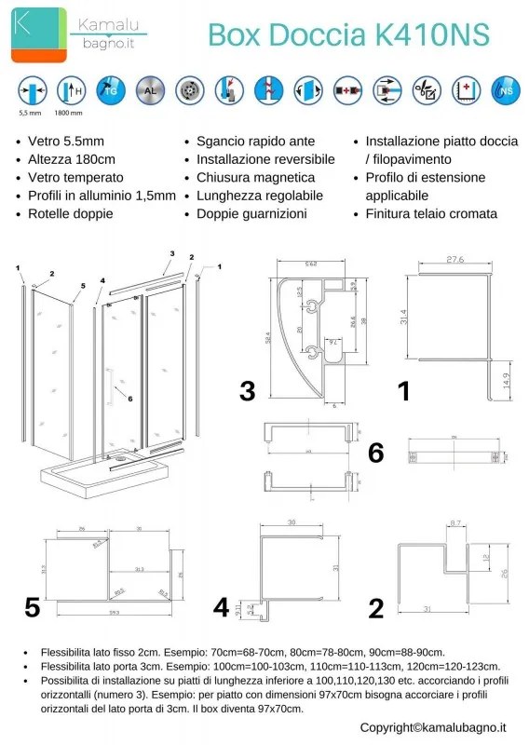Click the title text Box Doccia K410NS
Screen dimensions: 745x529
347,34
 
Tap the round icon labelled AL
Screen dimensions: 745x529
148,89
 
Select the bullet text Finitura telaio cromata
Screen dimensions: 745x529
431,213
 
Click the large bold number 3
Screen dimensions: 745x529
247,391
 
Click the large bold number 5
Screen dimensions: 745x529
33,608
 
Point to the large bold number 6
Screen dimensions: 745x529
376,454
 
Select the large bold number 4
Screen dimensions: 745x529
221,608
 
